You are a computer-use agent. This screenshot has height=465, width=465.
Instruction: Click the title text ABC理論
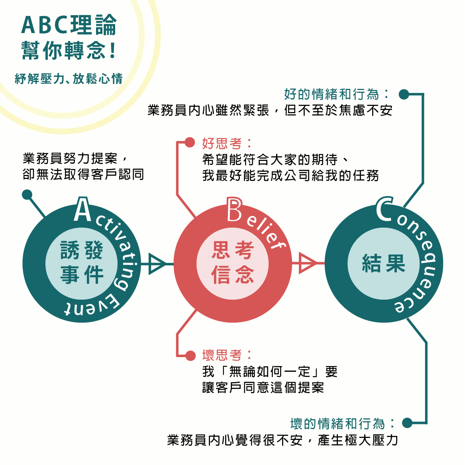[69, 25]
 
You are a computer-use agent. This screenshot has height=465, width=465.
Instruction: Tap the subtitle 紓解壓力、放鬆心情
[69, 78]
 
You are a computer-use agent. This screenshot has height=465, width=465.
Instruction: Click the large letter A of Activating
[82, 210]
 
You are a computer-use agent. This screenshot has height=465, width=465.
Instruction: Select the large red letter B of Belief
[234, 210]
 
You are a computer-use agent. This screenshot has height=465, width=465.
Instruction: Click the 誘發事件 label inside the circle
[82, 263]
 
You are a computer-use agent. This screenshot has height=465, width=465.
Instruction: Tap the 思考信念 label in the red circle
[233, 263]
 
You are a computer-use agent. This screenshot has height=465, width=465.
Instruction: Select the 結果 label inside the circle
[383, 263]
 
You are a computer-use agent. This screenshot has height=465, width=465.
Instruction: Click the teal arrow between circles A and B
[157, 263]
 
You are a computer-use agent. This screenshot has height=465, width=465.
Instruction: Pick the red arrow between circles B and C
[307, 263]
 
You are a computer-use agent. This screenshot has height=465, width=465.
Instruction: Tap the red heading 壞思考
[222, 355]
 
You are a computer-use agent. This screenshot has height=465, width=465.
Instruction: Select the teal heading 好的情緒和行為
[331, 94]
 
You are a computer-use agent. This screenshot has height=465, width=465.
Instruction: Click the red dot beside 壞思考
[190, 355]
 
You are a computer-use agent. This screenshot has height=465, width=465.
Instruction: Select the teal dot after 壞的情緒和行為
[407, 423]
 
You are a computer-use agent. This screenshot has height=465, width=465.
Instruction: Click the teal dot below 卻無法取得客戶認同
[27, 194]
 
